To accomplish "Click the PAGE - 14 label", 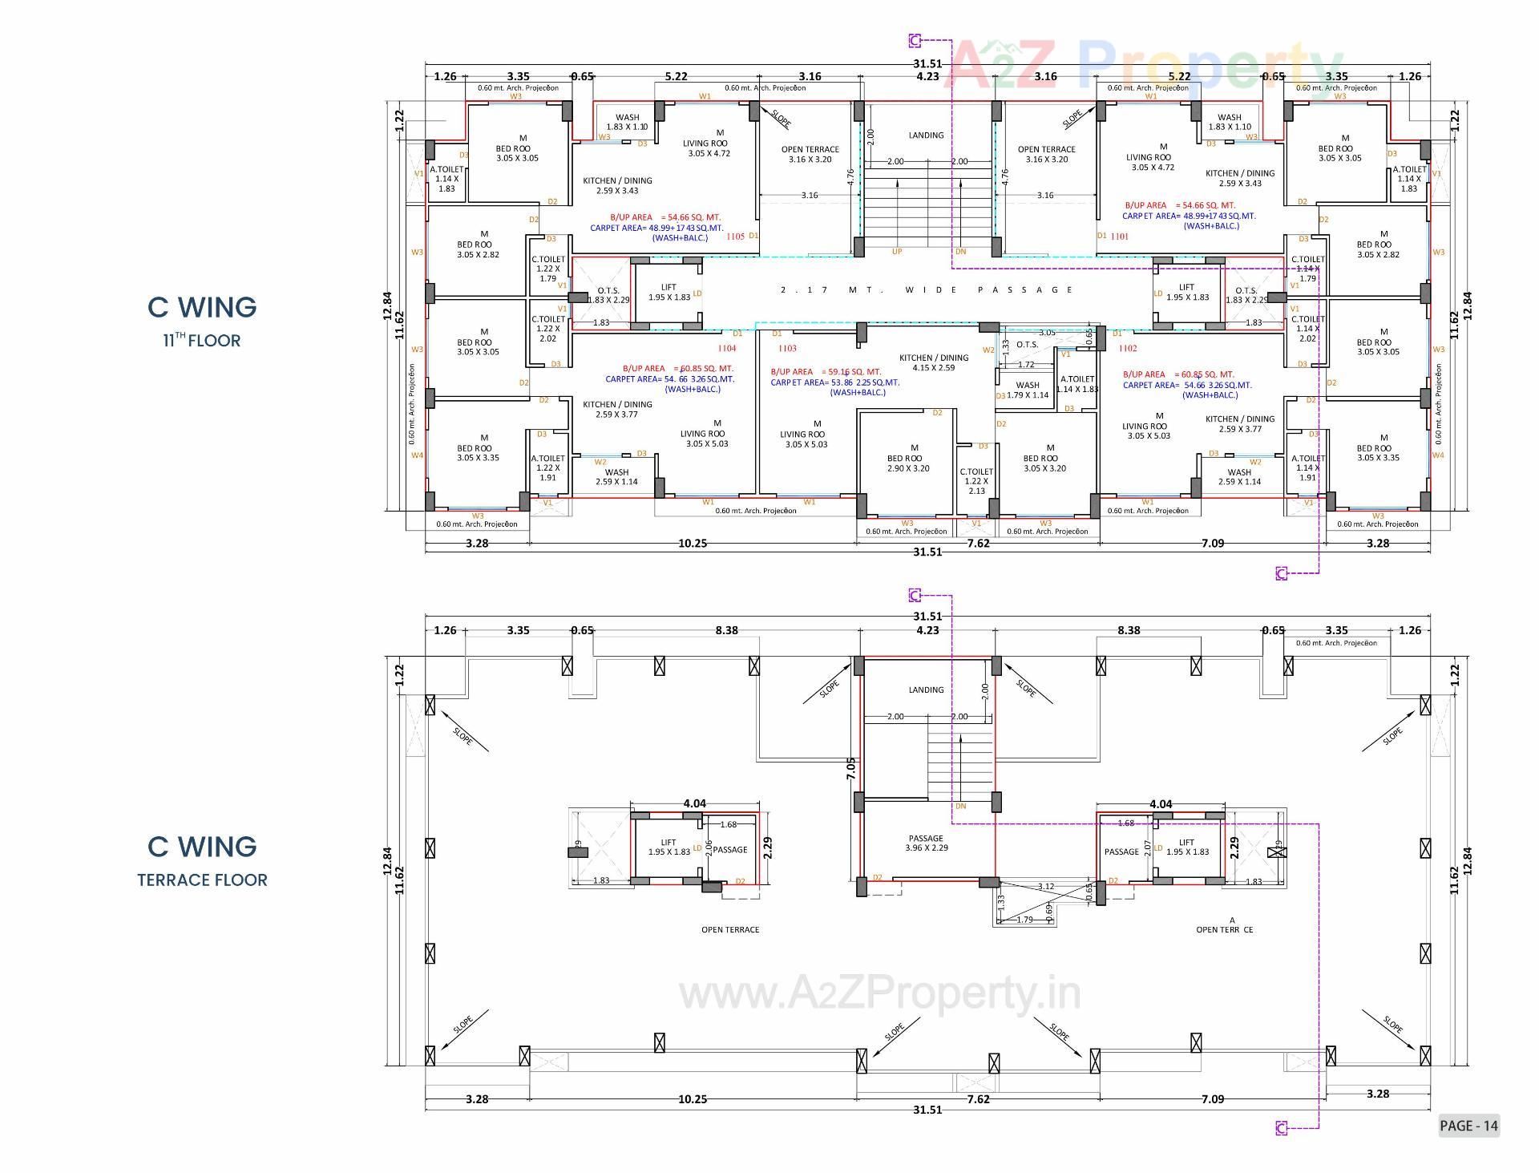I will coord(1468,1126).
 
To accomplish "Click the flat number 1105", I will coord(735,237).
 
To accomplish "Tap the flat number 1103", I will coord(787,348).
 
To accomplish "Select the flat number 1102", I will coord(1127,348).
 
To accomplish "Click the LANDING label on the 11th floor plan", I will coord(926,136).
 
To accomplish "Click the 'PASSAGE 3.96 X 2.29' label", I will coord(926,843).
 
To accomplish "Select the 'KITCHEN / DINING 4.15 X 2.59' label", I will coord(934,362).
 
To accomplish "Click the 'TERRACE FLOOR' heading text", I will coord(202,880).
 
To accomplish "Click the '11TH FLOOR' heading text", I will coord(202,340).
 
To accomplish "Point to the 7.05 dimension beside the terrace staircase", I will coord(851,768).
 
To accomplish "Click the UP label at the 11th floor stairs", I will coord(896,252).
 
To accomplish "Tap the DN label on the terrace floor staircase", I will coord(960,806).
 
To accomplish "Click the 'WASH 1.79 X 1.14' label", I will coord(1028,390).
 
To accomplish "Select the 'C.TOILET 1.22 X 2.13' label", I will coord(976,481).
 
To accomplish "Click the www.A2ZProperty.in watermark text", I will coord(879,994).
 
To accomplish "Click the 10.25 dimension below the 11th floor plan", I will coord(693,544).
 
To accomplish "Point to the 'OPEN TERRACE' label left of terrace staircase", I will coord(729,930).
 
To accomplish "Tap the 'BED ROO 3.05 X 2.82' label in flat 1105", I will coord(478,249).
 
